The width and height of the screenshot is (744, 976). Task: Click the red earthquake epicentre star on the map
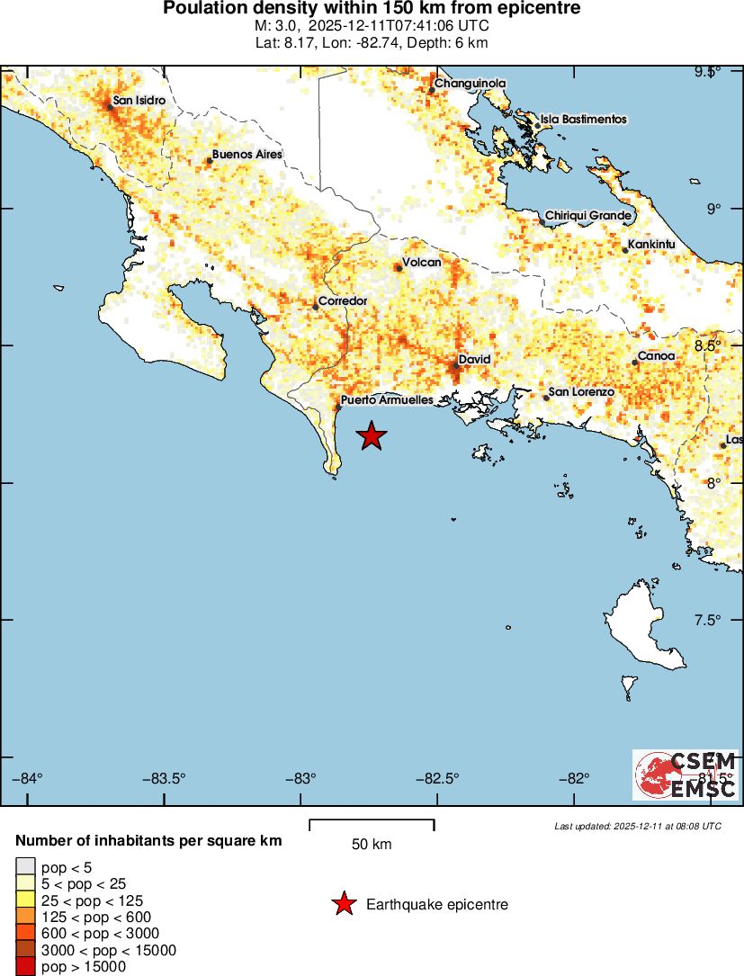click(372, 436)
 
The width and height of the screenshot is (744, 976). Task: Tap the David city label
click(474, 360)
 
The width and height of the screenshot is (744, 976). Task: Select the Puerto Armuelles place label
click(387, 400)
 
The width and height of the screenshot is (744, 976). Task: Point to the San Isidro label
click(139, 101)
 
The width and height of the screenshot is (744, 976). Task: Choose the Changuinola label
click(470, 84)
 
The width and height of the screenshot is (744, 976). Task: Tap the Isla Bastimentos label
click(583, 119)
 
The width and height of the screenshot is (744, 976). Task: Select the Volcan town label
click(421, 263)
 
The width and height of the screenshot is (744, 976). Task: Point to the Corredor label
click(342, 300)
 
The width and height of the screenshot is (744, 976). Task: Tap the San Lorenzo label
click(581, 392)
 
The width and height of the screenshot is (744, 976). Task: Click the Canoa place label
click(656, 356)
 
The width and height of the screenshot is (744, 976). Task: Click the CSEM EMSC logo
click(686, 775)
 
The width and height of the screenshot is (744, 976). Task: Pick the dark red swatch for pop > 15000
click(25, 967)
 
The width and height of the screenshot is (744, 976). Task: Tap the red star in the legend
click(343, 904)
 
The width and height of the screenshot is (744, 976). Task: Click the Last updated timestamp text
click(638, 825)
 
